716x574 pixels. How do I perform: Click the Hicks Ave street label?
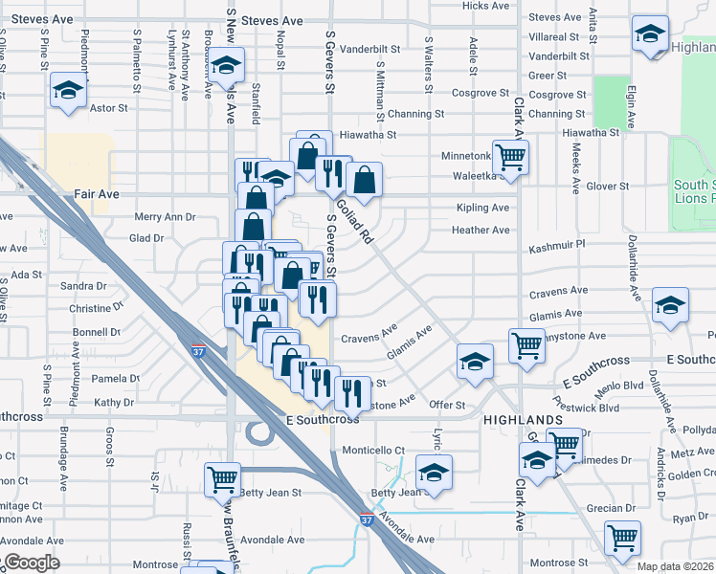[x=486, y=6]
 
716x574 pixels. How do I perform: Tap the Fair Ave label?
[x=97, y=194]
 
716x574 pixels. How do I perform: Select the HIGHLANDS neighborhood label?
[x=523, y=421]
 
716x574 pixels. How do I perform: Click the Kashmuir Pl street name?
[x=556, y=246]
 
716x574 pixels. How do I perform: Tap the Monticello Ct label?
[x=374, y=450]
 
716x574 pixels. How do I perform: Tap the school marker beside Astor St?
[x=69, y=91]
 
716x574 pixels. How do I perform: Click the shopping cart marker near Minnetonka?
[x=511, y=155]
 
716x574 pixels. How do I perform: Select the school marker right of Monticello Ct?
[x=434, y=473]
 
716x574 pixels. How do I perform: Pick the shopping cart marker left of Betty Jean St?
[x=222, y=476]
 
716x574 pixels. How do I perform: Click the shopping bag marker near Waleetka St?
[x=365, y=179]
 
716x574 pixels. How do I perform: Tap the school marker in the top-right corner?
[x=650, y=35]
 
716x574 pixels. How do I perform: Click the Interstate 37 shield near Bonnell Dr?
[x=198, y=351]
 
